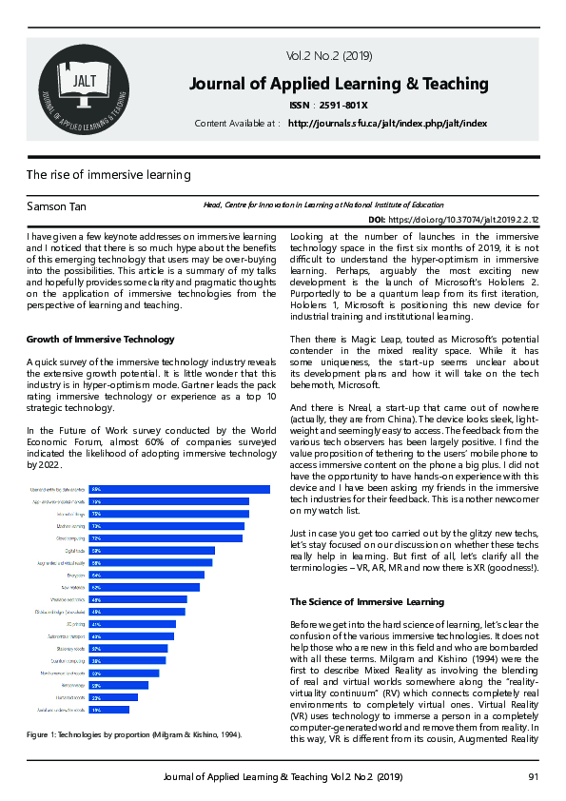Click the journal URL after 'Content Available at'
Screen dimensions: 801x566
(x=387, y=124)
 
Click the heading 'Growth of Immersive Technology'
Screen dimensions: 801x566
(x=100, y=340)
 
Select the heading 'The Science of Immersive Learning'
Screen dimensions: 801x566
(x=366, y=602)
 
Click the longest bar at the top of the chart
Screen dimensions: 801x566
(x=180, y=489)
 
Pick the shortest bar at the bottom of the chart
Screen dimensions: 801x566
(x=109, y=710)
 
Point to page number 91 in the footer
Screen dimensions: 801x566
(x=533, y=779)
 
